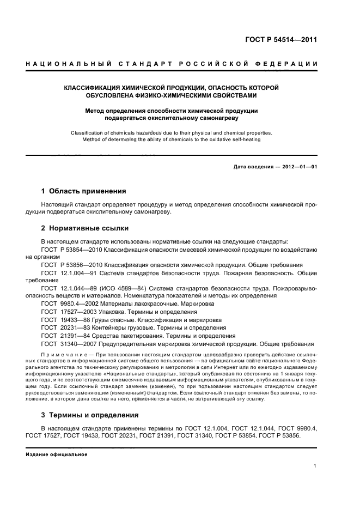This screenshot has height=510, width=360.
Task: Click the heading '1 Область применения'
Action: coord(84,191)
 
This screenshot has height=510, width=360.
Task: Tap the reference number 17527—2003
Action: coord(77,311)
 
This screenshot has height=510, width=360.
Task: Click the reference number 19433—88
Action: coord(74,319)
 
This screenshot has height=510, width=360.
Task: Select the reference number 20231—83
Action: coord(74,327)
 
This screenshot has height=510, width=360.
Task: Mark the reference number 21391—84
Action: coord(74,336)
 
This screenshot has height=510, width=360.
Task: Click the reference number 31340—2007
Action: coord(77,344)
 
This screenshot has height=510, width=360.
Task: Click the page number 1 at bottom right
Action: coord(315,466)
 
